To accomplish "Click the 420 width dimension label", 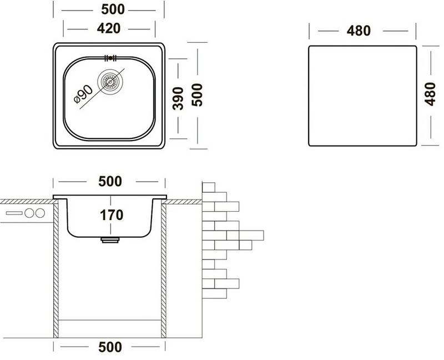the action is [109, 28].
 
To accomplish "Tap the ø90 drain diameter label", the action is [83, 94].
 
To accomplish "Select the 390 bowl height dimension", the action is [178, 98].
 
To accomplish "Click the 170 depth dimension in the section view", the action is [112, 215].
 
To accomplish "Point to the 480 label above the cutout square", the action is [359, 31].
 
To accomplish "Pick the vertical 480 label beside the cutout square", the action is [430, 94].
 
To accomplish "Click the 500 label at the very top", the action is [113, 9].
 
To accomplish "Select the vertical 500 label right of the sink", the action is [198, 95].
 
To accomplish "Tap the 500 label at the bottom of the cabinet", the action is [110, 347].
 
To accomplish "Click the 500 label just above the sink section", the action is [110, 182].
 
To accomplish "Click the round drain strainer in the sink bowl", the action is [110, 82].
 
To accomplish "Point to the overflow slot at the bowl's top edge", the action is [110, 58].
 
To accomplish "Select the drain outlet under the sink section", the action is [110, 241].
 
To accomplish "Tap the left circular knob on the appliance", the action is [29, 213].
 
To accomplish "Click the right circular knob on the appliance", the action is [40, 213].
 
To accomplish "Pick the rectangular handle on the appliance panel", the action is [14, 213].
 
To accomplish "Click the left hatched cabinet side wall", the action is [56, 269].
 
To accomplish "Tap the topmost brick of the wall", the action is [209, 187].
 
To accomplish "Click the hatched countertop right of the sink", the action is [183, 202].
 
